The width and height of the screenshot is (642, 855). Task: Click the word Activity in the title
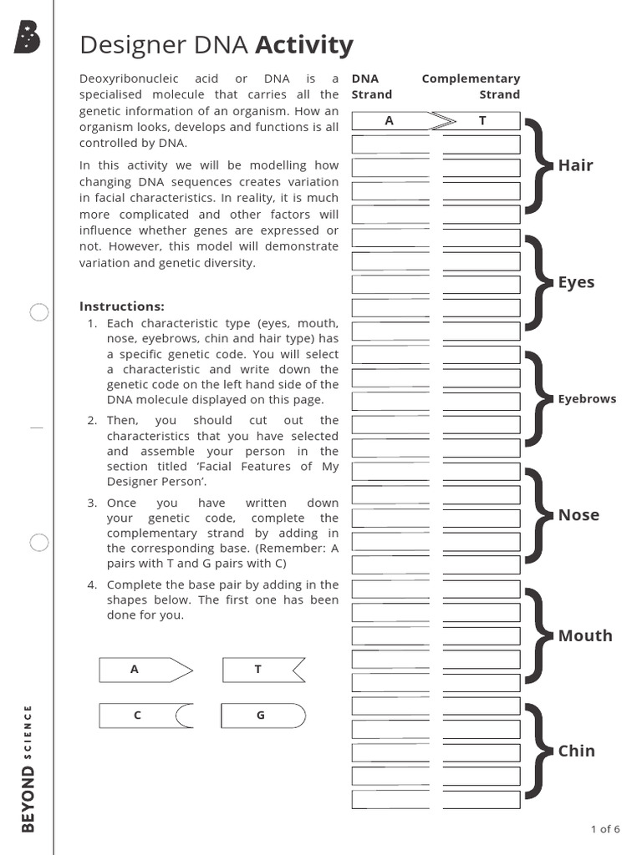(304, 44)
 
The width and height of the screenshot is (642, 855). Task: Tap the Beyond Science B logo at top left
(27, 38)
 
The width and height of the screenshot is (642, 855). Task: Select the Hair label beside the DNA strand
(575, 165)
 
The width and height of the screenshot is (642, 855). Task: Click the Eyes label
(576, 282)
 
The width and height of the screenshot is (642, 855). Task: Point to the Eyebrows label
(587, 399)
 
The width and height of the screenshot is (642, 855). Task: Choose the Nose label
(578, 515)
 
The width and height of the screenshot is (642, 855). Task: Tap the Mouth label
(585, 636)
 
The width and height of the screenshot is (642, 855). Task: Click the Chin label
(576, 751)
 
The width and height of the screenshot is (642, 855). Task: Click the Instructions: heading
(121, 306)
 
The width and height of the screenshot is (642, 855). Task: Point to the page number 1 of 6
(605, 829)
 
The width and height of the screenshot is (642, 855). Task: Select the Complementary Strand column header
(471, 87)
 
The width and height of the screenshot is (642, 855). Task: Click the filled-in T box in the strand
(481, 121)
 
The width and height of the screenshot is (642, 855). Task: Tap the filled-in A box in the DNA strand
(390, 121)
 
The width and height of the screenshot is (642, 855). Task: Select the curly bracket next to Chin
(538, 751)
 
